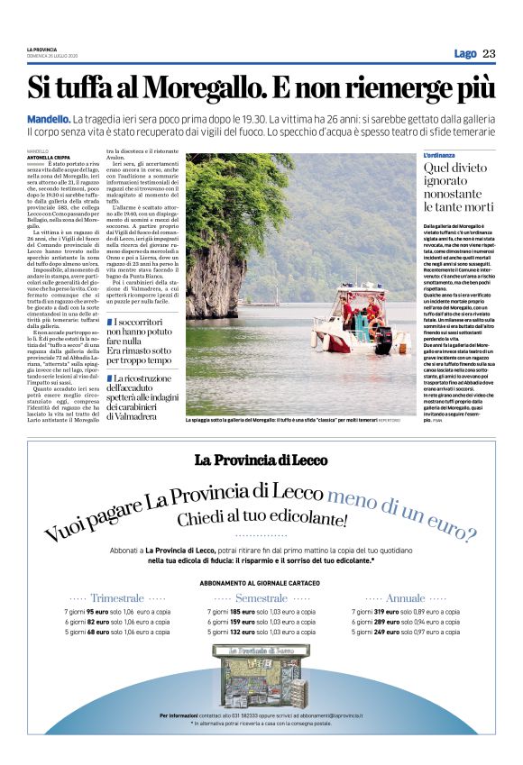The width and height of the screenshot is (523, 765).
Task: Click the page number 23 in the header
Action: coord(488,53)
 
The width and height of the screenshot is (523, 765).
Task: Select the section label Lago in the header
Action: coord(464,53)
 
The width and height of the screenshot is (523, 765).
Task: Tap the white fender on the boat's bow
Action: coord(319,342)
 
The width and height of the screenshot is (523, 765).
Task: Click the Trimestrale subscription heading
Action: coord(117,598)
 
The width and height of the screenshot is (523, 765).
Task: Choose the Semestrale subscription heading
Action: coord(261,598)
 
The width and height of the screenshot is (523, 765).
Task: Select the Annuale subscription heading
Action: coord(405,598)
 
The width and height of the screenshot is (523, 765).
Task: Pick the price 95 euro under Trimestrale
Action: coord(98,612)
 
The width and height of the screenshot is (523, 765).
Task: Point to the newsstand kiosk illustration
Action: coord(261,675)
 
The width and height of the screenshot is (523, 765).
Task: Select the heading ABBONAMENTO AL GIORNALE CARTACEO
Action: coord(261,582)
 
